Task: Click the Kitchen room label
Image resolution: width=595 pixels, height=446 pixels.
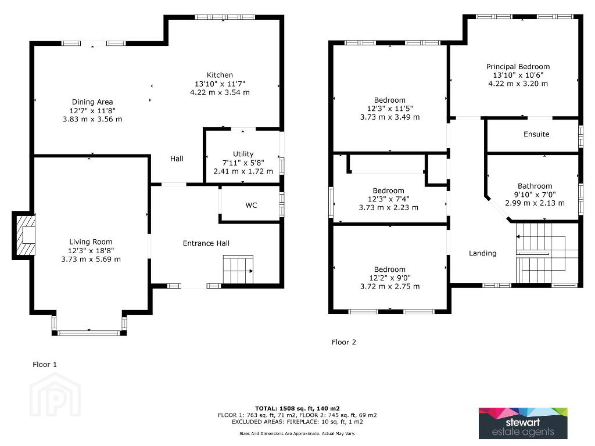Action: point(220,75)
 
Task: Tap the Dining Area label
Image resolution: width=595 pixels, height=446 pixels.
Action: point(92,102)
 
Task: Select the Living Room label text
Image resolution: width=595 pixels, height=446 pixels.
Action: point(91,242)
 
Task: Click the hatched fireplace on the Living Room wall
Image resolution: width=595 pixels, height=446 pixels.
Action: point(24,236)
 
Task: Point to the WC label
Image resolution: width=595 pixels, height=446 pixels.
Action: point(251,205)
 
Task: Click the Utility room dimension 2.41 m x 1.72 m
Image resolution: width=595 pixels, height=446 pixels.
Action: point(243,171)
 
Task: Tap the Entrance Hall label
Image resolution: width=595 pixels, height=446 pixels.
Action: point(206,243)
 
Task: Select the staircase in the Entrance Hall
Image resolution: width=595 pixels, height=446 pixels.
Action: point(238,269)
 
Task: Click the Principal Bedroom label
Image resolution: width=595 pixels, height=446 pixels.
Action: point(518,67)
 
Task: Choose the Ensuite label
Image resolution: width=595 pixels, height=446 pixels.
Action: point(536,134)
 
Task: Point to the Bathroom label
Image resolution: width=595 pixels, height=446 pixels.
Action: point(535,186)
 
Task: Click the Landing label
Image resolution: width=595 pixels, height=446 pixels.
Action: point(482,253)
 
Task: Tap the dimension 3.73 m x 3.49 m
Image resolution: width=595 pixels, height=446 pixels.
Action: point(390,117)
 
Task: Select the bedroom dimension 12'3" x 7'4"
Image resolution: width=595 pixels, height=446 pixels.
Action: point(389,199)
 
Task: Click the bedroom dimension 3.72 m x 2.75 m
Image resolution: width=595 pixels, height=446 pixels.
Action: point(390,286)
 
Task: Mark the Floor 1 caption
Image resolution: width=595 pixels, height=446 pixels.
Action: point(45,365)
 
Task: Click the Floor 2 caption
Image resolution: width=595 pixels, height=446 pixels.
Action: point(344,342)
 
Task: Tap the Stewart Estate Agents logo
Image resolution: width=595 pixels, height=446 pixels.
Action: point(523,423)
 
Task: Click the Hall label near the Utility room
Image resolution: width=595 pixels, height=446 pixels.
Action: point(177,159)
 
